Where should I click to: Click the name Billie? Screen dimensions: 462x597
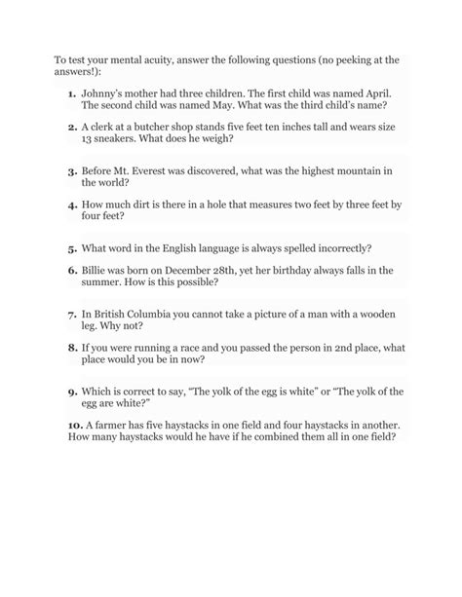(x=97, y=269)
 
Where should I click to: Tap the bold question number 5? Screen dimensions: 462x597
(x=72, y=247)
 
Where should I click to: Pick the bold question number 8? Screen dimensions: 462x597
(x=72, y=346)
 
